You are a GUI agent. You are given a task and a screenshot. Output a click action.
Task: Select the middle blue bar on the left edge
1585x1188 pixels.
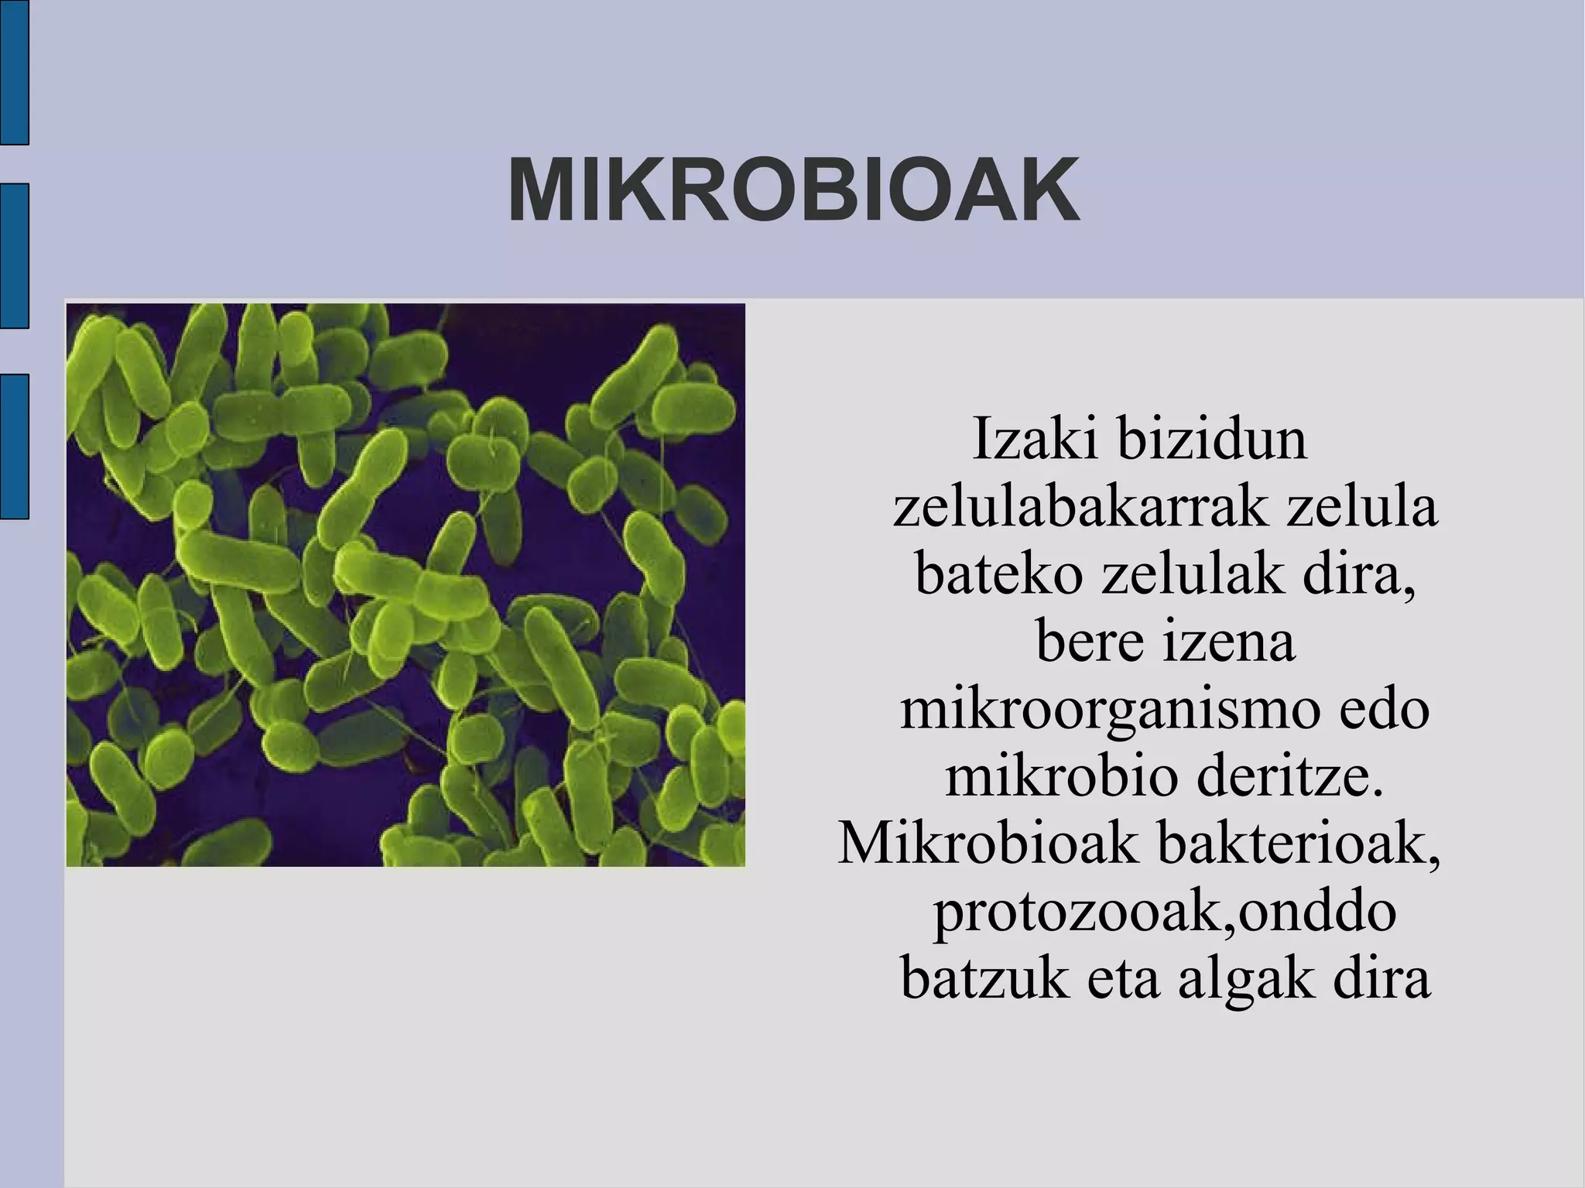(x=14, y=256)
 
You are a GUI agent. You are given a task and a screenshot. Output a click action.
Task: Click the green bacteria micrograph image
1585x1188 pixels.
(x=406, y=585)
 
